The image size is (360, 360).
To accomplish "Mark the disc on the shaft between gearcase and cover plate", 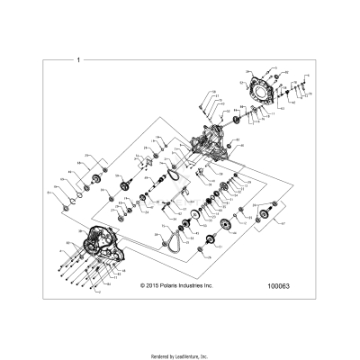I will tap(235, 120).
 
